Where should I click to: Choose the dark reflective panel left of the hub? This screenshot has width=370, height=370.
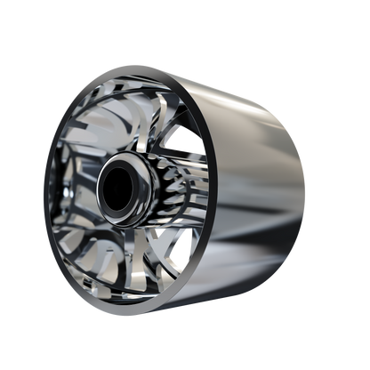pyautogui.click(x=76, y=191)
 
